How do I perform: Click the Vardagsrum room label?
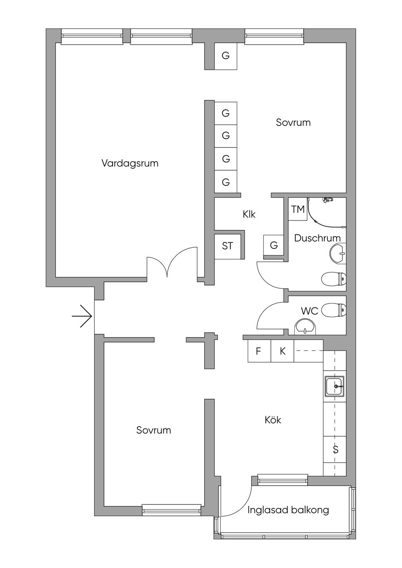130,163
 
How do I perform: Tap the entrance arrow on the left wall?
82,316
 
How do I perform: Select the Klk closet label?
249,214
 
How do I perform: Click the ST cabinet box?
228,246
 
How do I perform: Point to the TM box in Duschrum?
298,209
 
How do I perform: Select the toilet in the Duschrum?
334,279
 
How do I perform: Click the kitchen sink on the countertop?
334,386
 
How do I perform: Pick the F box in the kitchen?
259,351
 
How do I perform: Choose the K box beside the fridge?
282,351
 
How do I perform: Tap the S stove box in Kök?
335,450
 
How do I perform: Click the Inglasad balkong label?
288,510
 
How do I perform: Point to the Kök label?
273,420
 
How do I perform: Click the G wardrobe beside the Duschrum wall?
274,246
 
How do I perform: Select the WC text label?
309,311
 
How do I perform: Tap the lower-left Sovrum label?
153,430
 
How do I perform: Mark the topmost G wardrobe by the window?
225,56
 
